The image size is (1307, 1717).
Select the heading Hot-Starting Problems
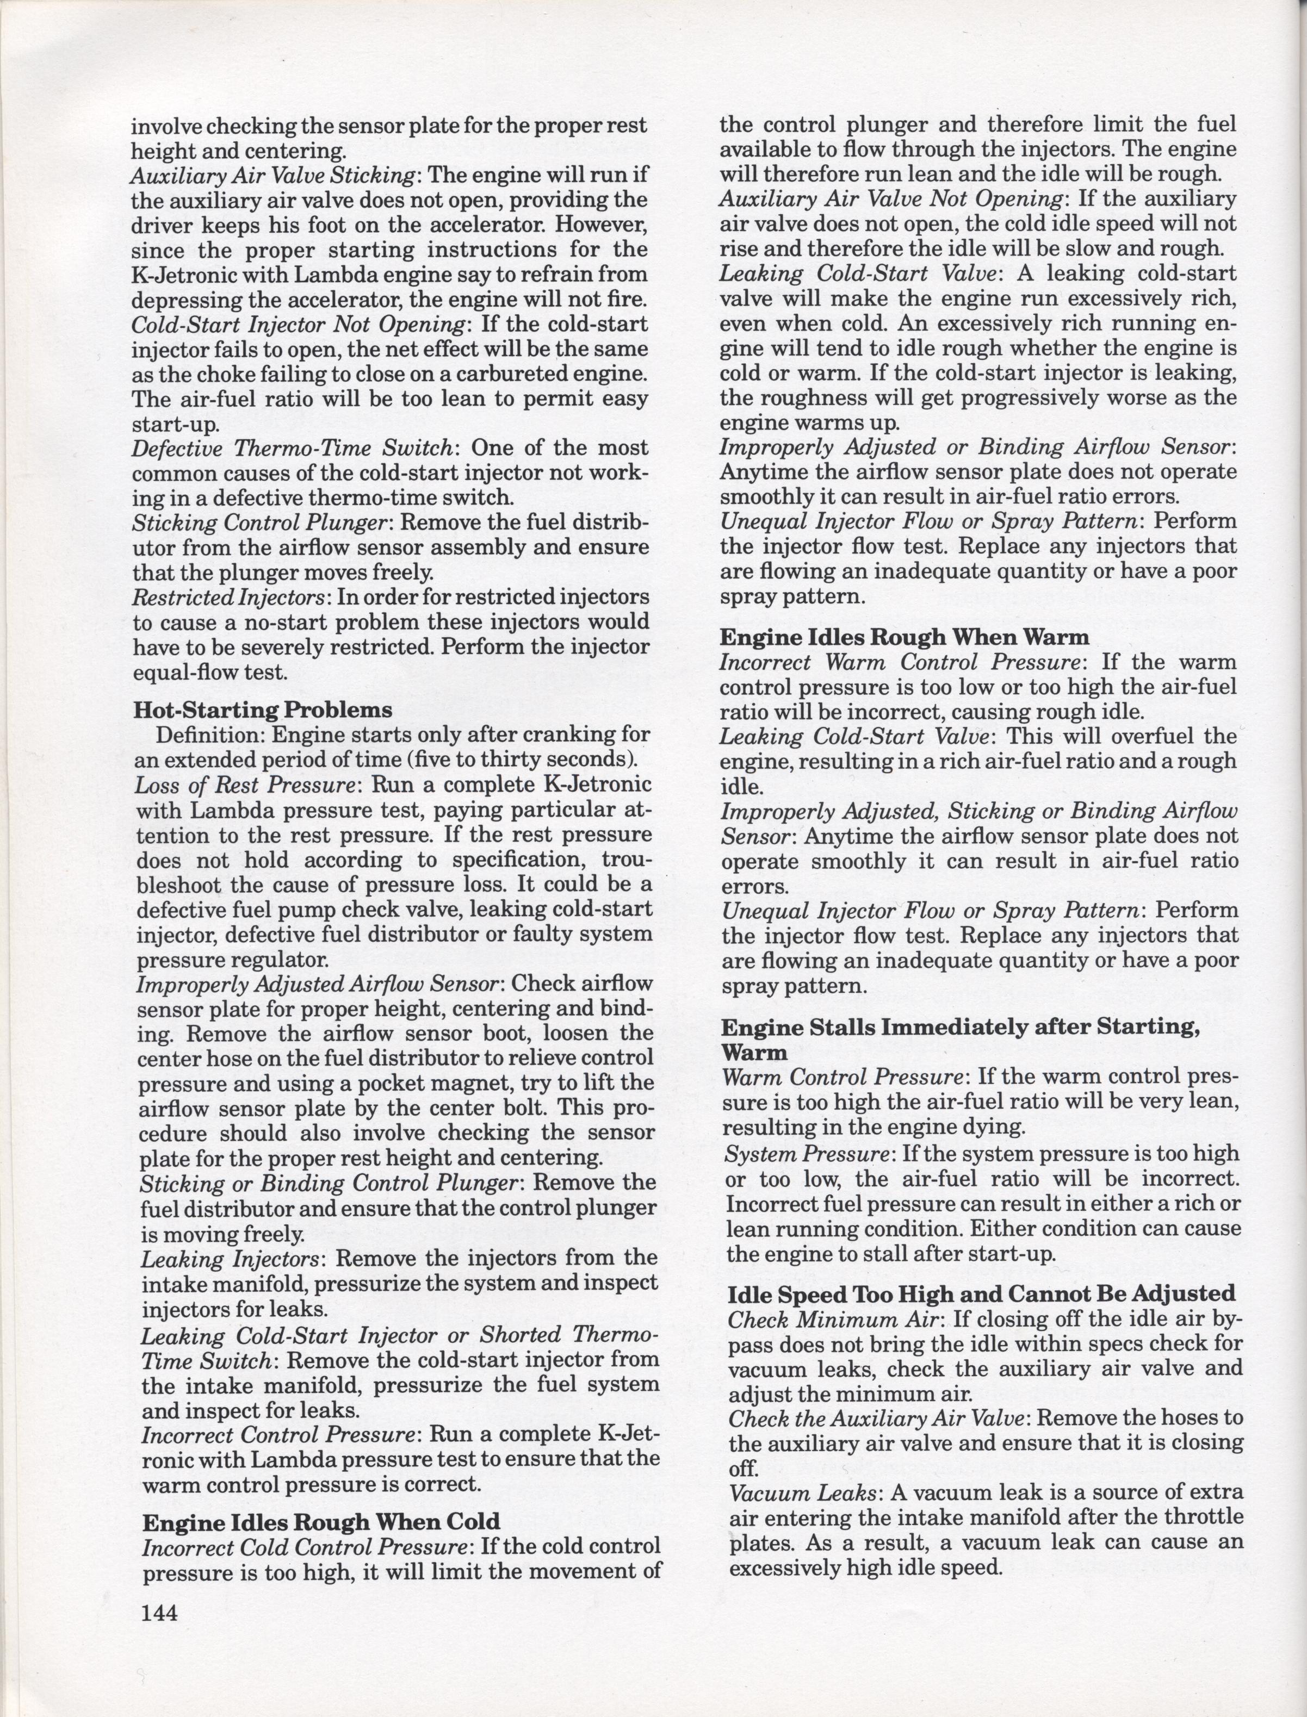click(262, 710)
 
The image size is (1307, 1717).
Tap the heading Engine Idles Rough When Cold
click(320, 1522)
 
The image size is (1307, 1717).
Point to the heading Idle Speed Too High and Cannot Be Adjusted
click(981, 1294)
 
